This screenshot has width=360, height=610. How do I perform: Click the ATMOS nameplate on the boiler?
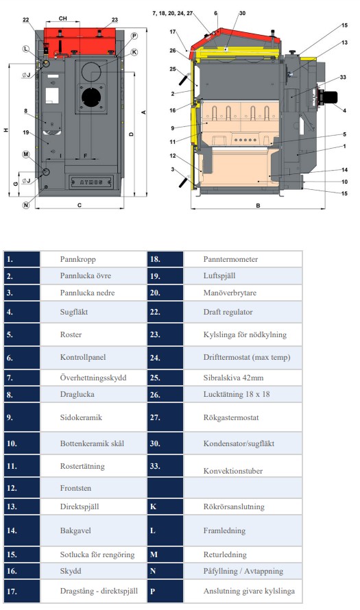(91, 182)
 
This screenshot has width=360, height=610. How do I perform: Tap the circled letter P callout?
(134, 36)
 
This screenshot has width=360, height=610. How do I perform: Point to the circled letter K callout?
(134, 51)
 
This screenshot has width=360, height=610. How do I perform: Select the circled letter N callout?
(25, 205)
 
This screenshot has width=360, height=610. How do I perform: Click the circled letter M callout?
(25, 154)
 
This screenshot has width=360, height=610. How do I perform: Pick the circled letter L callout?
(25, 49)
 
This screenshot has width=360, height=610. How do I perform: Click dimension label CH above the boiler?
(62, 19)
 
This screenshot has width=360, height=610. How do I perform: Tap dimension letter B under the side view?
(258, 206)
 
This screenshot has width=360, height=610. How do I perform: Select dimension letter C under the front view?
(80, 205)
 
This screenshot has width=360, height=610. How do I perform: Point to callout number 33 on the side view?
(343, 77)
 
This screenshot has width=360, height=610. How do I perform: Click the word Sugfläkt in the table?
(74, 312)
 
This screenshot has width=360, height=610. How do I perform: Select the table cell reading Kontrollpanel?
(83, 357)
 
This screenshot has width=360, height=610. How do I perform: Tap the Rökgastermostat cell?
(231, 417)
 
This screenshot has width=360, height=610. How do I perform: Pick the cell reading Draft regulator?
(228, 312)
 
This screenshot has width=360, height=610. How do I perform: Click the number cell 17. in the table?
(22, 591)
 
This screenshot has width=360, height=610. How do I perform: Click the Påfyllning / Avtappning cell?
(243, 571)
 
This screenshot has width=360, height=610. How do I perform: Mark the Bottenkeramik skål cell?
(93, 443)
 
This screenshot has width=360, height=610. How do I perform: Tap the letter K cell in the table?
(165, 507)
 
